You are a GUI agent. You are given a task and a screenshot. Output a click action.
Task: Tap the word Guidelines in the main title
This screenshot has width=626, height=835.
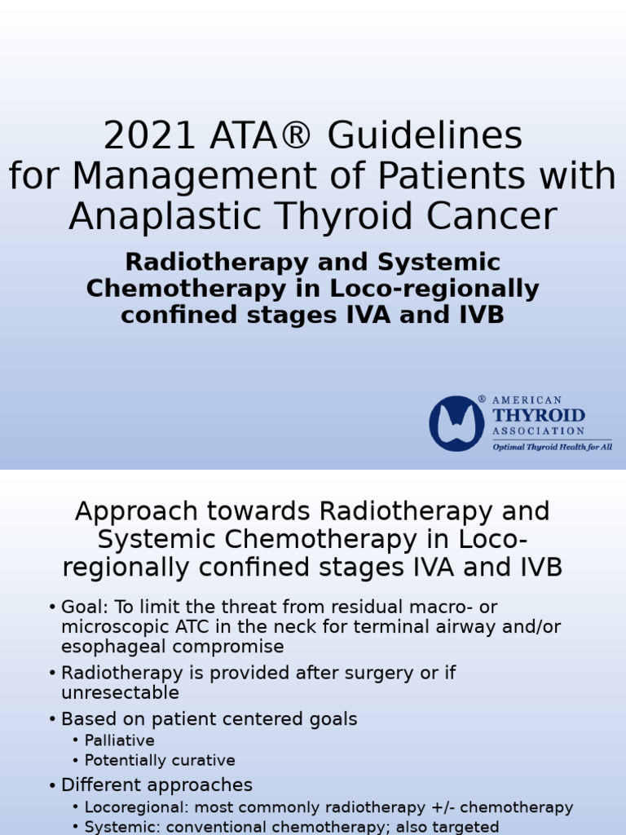pos(424,136)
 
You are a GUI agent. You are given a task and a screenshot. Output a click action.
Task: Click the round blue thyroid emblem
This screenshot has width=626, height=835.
pos(456,423)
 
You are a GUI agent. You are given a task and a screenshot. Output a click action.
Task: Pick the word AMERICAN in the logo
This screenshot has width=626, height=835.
pos(527,400)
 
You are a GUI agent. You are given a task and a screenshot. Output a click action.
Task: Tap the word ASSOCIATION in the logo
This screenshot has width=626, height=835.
pos(538,431)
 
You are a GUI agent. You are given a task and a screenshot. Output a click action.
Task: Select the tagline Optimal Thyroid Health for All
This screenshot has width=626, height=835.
pos(551,447)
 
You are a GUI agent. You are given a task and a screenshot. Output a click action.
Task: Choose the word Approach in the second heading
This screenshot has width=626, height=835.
pos(136,512)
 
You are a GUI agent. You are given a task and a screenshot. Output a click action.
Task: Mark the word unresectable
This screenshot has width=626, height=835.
pos(120,693)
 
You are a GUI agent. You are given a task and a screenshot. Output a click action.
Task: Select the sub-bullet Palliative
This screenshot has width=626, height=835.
pos(119,740)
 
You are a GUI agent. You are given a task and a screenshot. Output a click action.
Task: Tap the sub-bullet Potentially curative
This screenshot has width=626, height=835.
pos(160,760)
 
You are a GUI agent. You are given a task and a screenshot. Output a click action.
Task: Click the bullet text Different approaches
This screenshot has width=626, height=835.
pos(156,785)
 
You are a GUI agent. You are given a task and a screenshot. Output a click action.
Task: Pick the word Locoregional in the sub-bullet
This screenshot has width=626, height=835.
pos(132,807)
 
